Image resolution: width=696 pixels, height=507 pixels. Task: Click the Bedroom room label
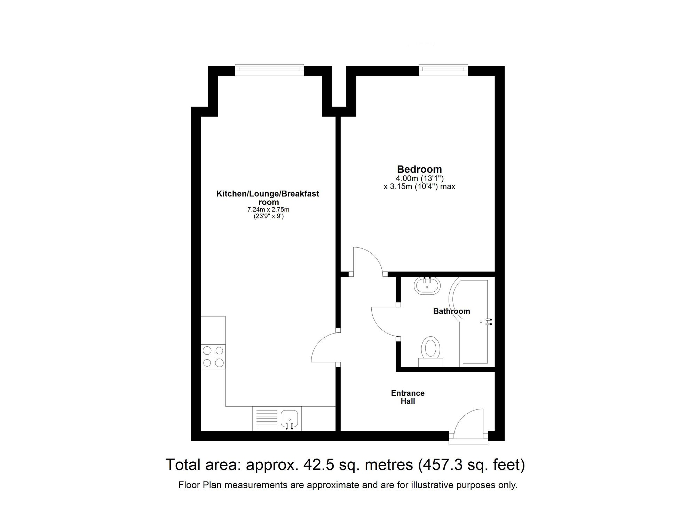click(x=419, y=169)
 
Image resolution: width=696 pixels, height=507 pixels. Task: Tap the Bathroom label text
click(x=451, y=311)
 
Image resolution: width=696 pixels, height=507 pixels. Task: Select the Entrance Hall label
click(x=408, y=397)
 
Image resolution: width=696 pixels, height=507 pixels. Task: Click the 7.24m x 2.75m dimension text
click(x=268, y=210)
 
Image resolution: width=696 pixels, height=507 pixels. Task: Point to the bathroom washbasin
click(x=427, y=286)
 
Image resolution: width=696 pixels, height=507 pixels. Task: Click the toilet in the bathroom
click(x=431, y=350)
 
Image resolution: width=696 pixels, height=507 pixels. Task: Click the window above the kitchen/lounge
click(x=269, y=70)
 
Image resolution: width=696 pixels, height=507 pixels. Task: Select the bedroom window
click(x=443, y=70)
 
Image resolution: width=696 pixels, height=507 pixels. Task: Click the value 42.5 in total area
click(x=317, y=464)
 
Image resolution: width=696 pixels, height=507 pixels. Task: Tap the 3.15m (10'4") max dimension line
click(x=419, y=186)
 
